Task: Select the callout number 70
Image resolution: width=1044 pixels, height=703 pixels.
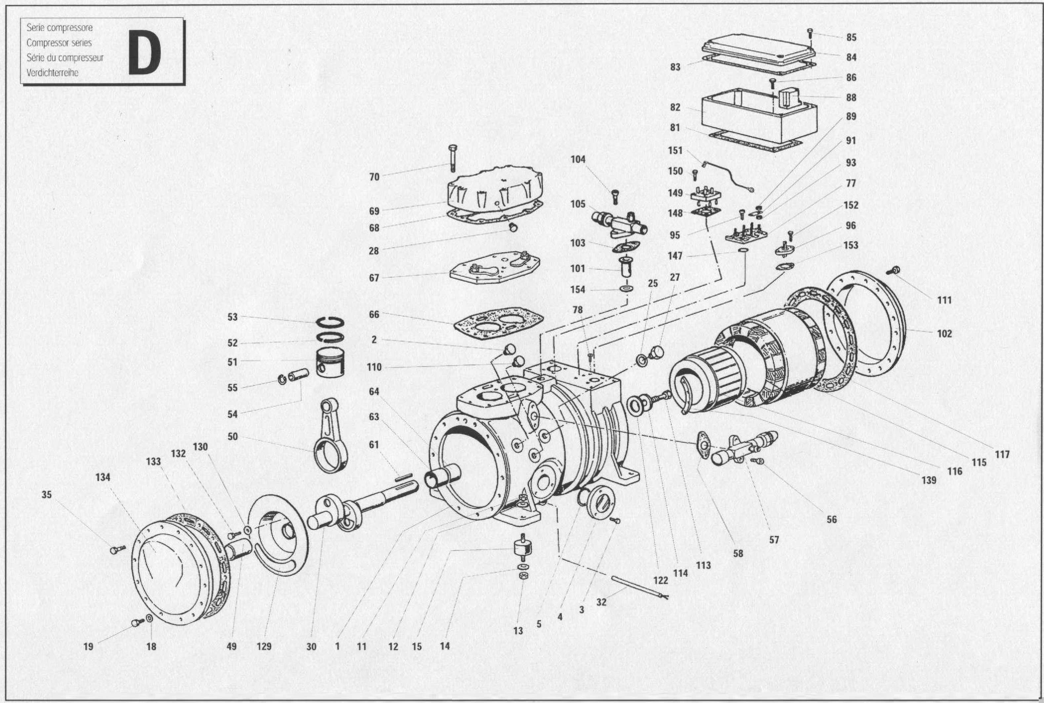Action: pos(374,177)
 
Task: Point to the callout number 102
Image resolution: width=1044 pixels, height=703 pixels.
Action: pos(944,333)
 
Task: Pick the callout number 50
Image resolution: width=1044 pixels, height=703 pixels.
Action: pos(232,436)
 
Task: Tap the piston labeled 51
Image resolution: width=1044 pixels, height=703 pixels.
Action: pos(331,362)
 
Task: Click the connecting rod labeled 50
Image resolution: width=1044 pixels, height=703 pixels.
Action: pos(332,435)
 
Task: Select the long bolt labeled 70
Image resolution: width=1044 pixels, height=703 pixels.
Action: pos(452,159)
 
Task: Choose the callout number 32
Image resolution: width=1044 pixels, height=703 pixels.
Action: pos(601,602)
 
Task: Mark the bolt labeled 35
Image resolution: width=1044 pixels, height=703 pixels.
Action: pos(117,549)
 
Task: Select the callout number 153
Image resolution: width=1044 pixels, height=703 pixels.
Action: pos(851,245)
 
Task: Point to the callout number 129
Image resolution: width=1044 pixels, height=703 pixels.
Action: pos(264,646)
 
